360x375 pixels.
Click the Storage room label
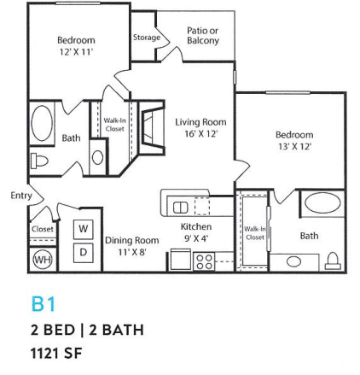point(147,38)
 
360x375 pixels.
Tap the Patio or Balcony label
point(202,35)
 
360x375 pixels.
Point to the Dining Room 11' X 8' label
point(132,246)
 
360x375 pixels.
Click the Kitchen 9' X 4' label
point(196,231)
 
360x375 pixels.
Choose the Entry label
point(21,196)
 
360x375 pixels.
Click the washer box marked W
point(84,230)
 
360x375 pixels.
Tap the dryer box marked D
point(84,252)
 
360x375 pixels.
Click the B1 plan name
point(43,303)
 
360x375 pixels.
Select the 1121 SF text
point(59,350)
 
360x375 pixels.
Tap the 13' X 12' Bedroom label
point(294,140)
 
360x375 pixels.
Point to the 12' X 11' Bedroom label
point(76,45)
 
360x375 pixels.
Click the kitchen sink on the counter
point(182,207)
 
